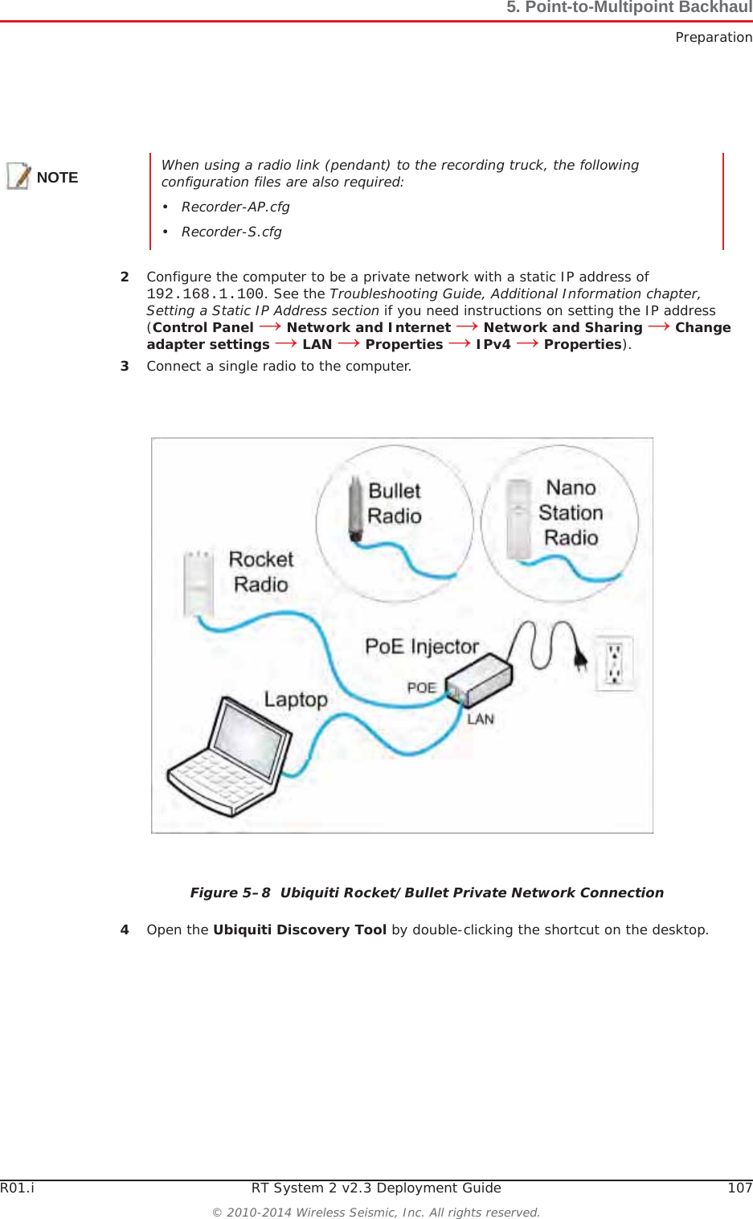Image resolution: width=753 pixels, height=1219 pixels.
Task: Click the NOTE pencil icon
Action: point(18,176)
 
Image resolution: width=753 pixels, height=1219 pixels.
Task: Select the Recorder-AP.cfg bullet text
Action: point(235,207)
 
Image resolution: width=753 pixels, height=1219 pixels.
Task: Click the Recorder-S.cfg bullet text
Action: point(231,232)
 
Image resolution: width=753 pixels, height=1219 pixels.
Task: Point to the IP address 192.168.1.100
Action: point(205,294)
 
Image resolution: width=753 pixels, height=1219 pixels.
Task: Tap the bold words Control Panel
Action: point(203,327)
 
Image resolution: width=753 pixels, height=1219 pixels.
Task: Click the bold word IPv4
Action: point(493,344)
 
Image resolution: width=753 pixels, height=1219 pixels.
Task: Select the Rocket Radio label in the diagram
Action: point(260,572)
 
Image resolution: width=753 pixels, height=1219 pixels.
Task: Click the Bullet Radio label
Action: point(395,503)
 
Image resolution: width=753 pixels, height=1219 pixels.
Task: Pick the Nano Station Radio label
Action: point(571,512)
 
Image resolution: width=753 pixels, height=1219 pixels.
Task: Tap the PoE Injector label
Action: point(421,646)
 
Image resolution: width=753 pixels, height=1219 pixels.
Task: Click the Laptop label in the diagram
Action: point(296,700)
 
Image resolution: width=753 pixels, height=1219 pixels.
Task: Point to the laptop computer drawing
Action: point(230,759)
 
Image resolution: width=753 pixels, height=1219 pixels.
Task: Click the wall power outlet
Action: point(614,663)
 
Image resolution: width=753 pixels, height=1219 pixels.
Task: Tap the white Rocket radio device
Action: point(197,584)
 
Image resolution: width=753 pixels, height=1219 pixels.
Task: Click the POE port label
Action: point(421,688)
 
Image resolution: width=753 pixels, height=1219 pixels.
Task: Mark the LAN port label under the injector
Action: point(481,719)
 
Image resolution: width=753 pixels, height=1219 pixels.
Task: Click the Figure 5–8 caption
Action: point(427,893)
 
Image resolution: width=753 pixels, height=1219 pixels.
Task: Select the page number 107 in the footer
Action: point(739,1188)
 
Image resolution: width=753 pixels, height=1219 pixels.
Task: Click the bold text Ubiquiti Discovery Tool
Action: point(300,930)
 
